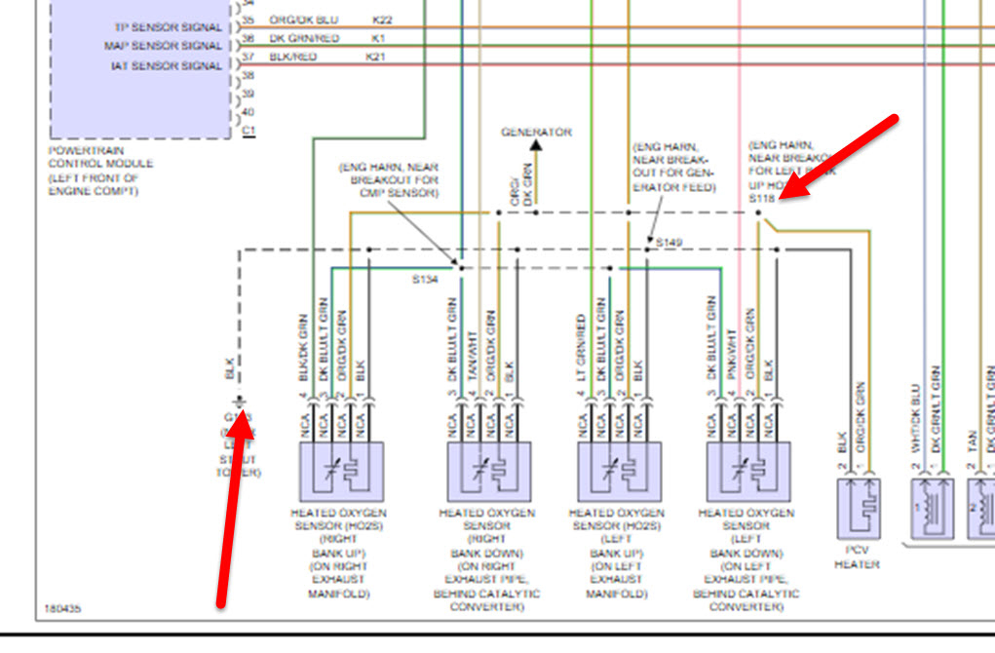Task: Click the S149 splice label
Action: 669,240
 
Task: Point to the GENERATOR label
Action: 536,132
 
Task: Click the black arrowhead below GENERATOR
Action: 535,146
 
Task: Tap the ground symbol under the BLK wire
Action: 237,402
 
